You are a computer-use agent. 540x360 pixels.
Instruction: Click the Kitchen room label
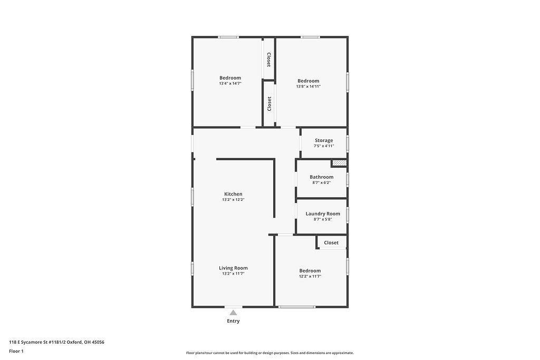tap(233, 194)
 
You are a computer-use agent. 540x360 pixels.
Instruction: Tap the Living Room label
tap(233, 268)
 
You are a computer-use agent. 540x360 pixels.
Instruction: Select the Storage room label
tap(324, 140)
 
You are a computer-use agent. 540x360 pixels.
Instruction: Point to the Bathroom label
tap(321, 177)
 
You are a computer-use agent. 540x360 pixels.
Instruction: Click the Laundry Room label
tap(323, 213)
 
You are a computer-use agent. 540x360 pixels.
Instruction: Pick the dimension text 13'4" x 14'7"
tap(230, 83)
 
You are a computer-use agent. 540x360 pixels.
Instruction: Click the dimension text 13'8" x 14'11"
tap(308, 86)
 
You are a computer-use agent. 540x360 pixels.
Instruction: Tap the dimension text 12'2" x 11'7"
tap(310, 276)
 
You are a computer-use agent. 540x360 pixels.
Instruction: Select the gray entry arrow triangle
tap(233, 313)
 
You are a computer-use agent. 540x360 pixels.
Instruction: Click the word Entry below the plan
tap(233, 321)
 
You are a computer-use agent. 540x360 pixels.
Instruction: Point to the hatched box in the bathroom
tap(339, 163)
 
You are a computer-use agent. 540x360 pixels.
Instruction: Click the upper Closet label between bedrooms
tap(269, 60)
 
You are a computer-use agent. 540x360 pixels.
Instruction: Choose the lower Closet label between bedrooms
tap(269, 103)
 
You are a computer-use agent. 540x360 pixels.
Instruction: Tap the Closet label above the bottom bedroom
tap(331, 242)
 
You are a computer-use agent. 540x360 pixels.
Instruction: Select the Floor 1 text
tap(16, 351)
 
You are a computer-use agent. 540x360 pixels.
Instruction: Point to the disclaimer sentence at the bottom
tap(269, 353)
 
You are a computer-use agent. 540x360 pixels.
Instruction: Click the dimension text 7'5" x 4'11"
tap(324, 146)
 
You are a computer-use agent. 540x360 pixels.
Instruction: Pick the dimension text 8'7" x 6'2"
tap(321, 183)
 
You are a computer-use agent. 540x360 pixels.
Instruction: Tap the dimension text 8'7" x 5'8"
tap(323, 219)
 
